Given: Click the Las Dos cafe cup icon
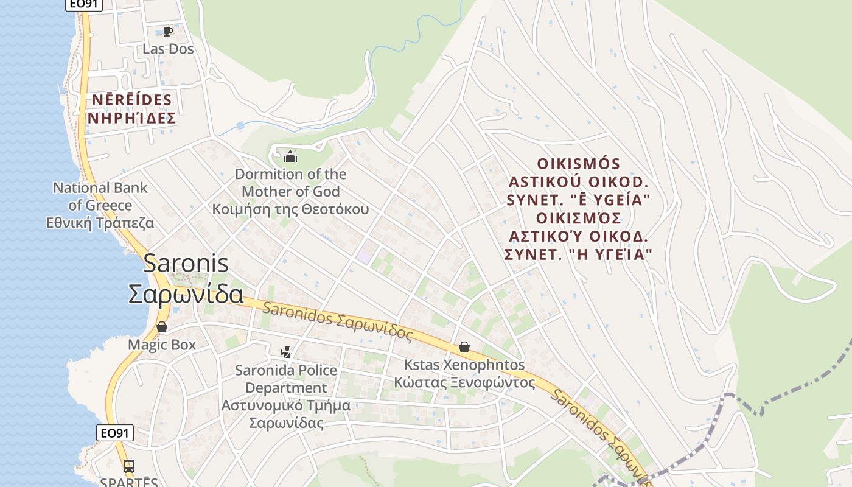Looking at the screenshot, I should tap(167, 31).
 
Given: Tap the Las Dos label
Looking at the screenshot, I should tap(168, 49).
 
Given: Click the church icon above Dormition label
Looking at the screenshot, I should tap(291, 156).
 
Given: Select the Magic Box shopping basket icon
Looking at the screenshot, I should tap(162, 328).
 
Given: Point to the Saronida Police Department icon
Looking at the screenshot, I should tap(285, 352).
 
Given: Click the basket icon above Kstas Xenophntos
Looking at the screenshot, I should tap(464, 347).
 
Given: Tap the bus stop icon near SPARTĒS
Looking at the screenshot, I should tap(129, 466).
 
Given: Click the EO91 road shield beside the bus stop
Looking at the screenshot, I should tap(115, 433).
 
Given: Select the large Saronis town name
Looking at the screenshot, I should tap(186, 264).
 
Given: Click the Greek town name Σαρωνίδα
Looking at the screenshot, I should tap(186, 294).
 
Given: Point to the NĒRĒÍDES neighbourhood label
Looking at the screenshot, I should tap(131, 99).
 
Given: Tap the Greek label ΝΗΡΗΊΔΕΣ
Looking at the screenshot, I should tap(131, 118).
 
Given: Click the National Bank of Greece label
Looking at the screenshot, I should tap(100, 196).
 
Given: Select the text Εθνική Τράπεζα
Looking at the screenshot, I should tap(100, 223).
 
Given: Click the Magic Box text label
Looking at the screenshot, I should tap(162, 345).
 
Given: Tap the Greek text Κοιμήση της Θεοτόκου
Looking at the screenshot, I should tap(290, 209).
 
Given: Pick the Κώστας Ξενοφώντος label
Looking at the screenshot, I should tap(464, 383).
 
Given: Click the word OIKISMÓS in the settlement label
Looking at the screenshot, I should tap(579, 164).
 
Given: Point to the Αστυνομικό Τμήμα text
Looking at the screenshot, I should tap(286, 405).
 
